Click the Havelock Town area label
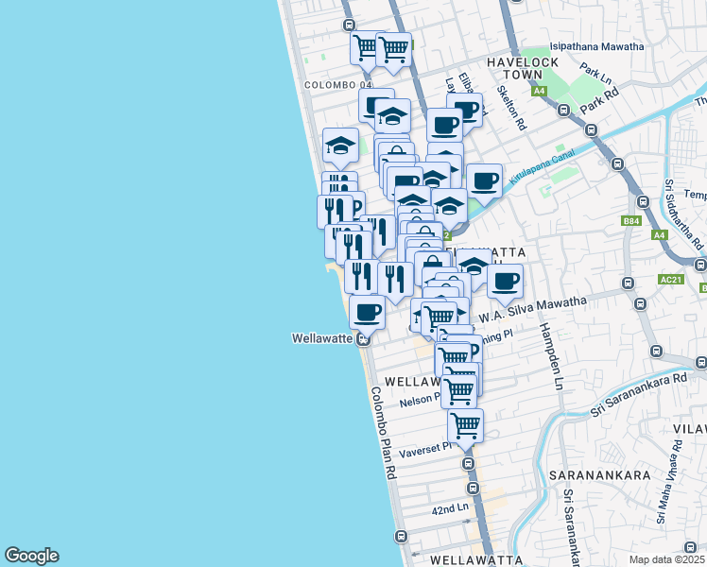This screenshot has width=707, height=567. pos(523,68)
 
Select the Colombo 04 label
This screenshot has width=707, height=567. pos(334,85)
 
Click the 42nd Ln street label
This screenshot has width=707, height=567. pos(450,508)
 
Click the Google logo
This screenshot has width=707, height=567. pos(31,556)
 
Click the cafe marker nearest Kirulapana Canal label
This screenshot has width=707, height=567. pos(485,180)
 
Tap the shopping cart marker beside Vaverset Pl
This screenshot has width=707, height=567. pos(465,424)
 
